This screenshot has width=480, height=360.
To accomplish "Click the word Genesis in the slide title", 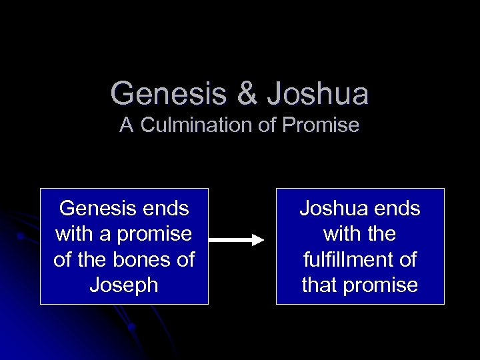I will pyautogui.click(x=168, y=94).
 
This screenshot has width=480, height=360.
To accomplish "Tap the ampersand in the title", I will pyautogui.click(x=247, y=94).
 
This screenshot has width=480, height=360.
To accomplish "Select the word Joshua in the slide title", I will pyautogui.click(x=318, y=94).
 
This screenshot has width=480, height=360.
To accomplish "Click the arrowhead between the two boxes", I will pyautogui.click(x=257, y=240).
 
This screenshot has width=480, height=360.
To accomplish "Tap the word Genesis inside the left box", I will pyautogui.click(x=97, y=209).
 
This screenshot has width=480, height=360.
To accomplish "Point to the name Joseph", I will pyautogui.click(x=124, y=285).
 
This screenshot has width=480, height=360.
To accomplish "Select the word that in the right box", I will pyautogui.click(x=321, y=285).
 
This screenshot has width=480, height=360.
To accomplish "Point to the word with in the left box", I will pyautogui.click(x=75, y=234).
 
